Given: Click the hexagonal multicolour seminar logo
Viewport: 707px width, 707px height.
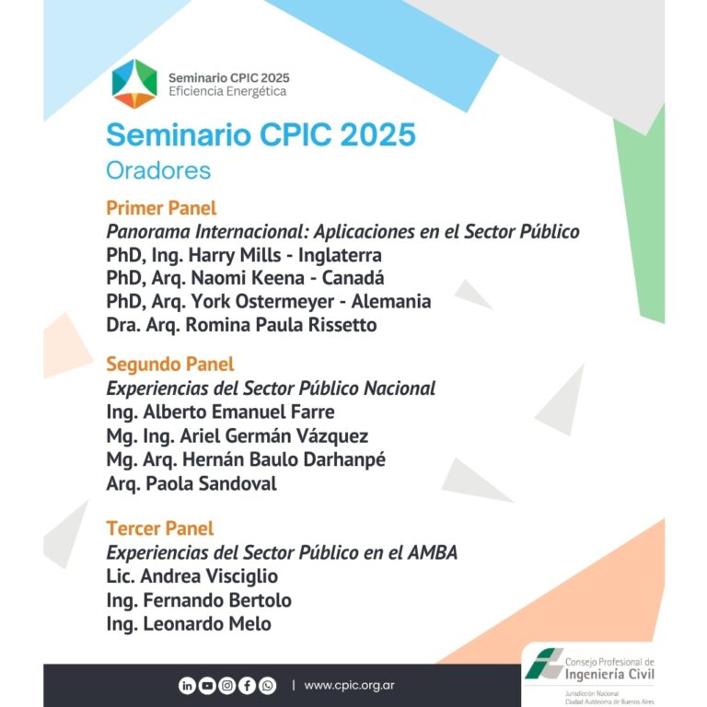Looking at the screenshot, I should pyautogui.click(x=134, y=84).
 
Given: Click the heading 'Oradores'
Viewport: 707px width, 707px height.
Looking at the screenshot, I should pyautogui.click(x=158, y=170).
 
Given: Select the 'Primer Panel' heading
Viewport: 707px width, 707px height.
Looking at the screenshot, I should pyautogui.click(x=161, y=208).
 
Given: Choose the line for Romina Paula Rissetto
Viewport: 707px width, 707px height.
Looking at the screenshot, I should pyautogui.click(x=241, y=325).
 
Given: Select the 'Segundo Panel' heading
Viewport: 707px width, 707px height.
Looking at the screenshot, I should pyautogui.click(x=170, y=365).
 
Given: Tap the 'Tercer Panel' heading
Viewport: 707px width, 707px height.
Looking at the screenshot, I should pyautogui.click(x=160, y=528).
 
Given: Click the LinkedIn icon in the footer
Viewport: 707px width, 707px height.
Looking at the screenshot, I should pyautogui.click(x=187, y=686).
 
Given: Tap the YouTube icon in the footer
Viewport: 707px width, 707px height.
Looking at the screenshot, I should pyautogui.click(x=207, y=686).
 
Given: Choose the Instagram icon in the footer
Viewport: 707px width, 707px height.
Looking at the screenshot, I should pyautogui.click(x=227, y=686).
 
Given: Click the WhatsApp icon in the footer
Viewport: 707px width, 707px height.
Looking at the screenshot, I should pyautogui.click(x=267, y=686).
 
